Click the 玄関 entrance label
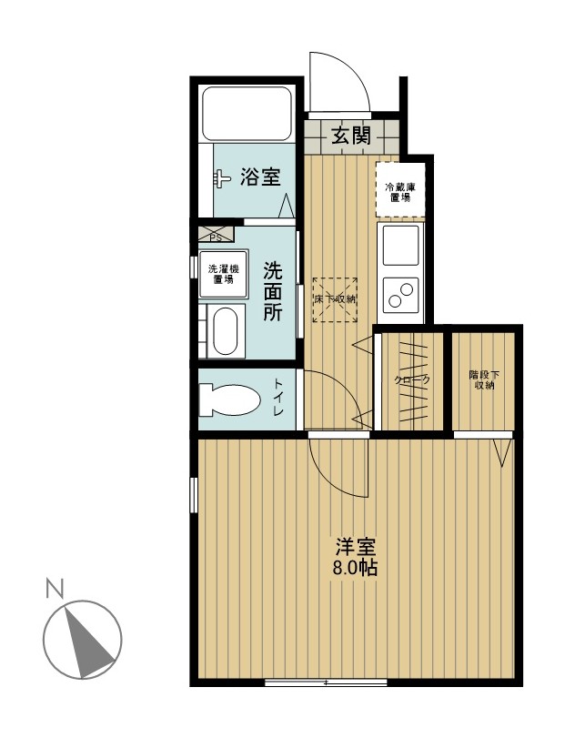click(351, 136)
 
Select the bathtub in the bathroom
click(247, 112)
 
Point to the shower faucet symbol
click(222, 179)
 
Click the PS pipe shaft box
click(217, 234)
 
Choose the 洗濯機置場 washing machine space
click(223, 274)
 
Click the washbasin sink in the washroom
click(225, 331)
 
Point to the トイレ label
click(279, 398)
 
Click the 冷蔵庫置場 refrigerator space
click(400, 191)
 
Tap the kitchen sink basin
click(401, 245)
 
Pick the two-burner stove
click(401, 294)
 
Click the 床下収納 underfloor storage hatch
click(335, 299)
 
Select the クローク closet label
click(412, 380)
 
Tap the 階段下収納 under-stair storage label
click(484, 379)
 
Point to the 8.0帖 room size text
click(355, 568)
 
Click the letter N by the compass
click(55, 588)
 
